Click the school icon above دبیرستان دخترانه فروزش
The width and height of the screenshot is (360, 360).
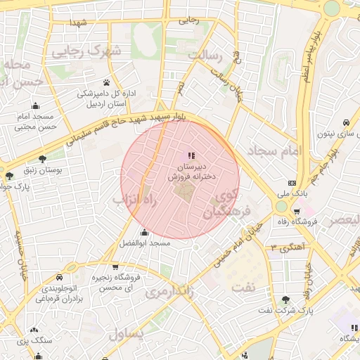(191, 155)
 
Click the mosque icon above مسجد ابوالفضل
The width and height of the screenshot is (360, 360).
(145, 232)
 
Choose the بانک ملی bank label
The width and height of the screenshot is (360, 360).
(291, 192)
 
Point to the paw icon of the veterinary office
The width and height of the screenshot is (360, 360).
(106, 82)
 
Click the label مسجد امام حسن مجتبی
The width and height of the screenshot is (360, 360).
(36, 122)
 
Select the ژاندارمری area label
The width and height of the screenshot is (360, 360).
(168, 292)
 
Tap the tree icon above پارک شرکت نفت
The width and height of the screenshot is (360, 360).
(285, 300)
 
